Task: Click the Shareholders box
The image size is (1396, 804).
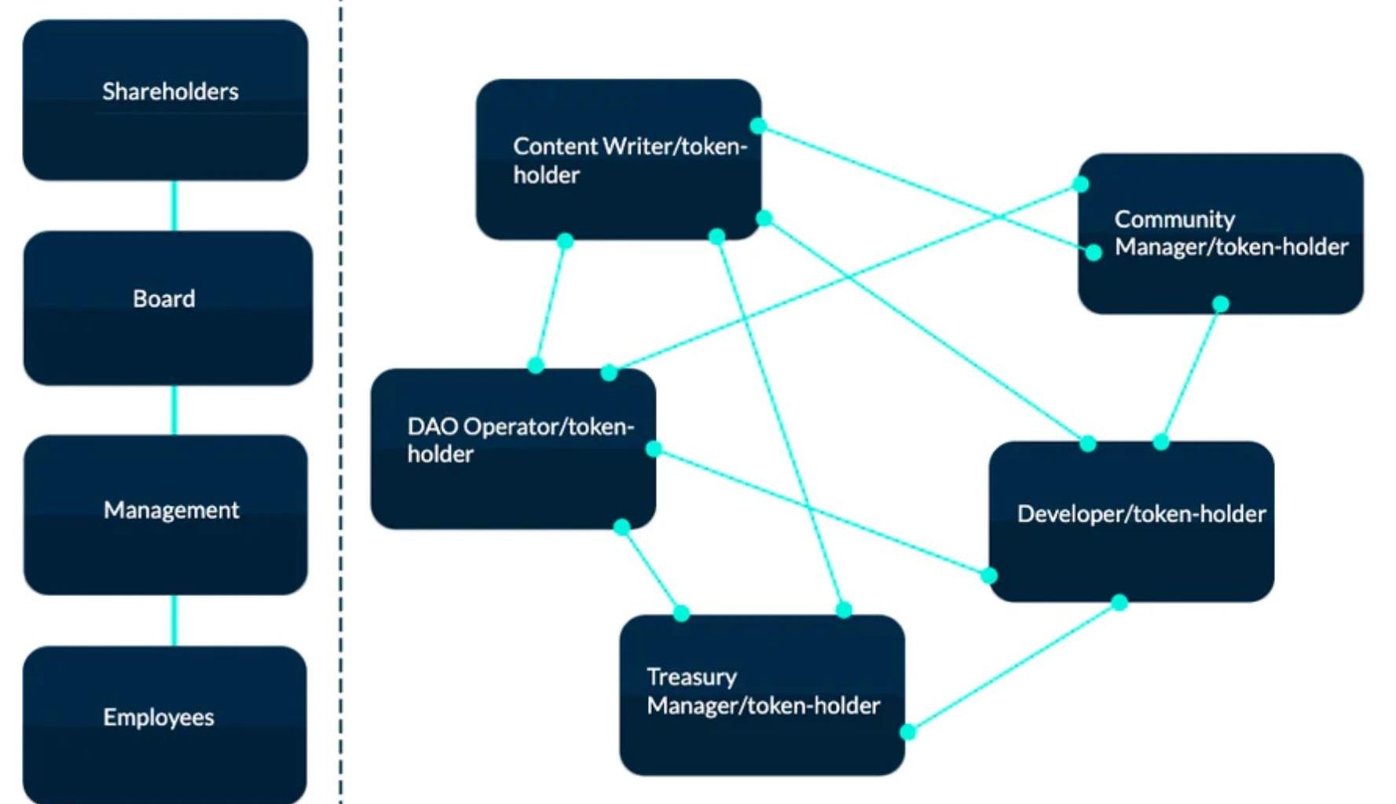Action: tap(165, 100)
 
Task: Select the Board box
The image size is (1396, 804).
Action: tap(167, 308)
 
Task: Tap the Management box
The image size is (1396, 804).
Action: tap(166, 514)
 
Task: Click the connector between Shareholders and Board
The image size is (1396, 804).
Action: tap(174, 206)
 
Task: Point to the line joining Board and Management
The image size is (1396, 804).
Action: tap(174, 410)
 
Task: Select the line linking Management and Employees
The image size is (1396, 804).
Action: tap(174, 620)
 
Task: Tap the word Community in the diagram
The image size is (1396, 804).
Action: tap(1174, 219)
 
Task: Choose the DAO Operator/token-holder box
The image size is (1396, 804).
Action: tap(513, 448)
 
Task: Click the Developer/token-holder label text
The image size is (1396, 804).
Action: tap(1141, 514)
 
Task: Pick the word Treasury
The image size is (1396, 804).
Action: tap(691, 677)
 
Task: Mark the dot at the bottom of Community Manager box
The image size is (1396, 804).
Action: tap(1220, 304)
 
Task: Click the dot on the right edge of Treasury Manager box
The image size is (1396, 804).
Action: tap(907, 732)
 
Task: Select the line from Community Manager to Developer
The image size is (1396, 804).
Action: tap(1191, 373)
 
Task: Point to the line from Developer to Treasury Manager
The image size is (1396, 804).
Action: tap(1013, 667)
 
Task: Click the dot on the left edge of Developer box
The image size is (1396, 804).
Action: tap(989, 576)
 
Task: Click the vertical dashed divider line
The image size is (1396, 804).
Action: tap(341, 393)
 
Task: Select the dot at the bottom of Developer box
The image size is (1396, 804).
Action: tap(1119, 602)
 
